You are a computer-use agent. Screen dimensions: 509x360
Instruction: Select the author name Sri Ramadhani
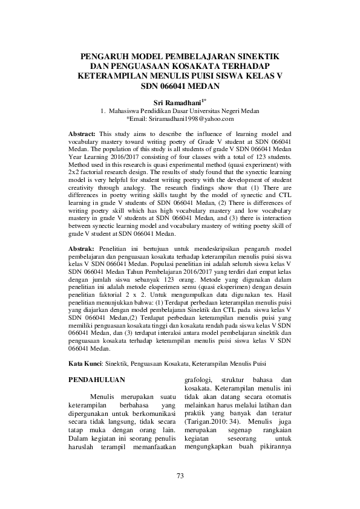coord(177,103)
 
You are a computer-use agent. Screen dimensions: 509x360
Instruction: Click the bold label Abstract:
coord(82,132)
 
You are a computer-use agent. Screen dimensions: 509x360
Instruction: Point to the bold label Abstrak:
coord(80,248)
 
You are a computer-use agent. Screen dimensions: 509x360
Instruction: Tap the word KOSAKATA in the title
coord(199,66)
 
